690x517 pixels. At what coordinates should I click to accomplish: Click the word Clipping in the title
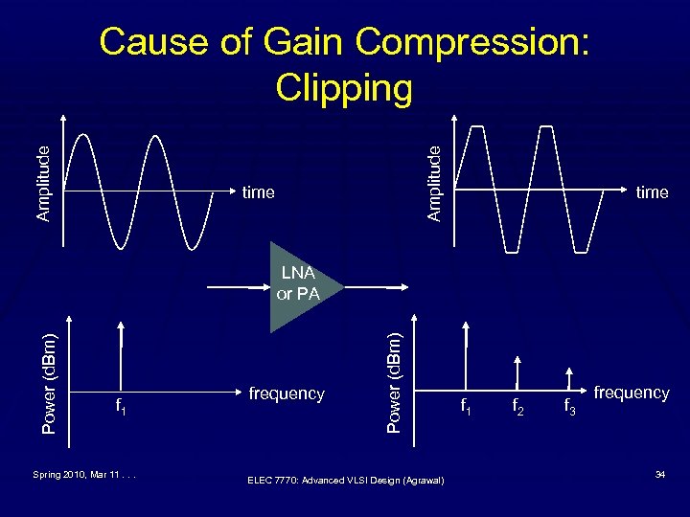pyautogui.click(x=344, y=88)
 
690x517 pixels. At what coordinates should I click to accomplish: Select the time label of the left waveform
pyautogui.click(x=259, y=192)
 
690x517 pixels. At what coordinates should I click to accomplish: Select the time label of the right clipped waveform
pyautogui.click(x=652, y=192)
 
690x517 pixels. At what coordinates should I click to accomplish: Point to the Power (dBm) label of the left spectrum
pyautogui.click(x=52, y=380)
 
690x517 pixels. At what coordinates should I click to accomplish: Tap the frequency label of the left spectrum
pyautogui.click(x=287, y=393)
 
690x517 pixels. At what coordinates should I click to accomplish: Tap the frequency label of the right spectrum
pyautogui.click(x=632, y=393)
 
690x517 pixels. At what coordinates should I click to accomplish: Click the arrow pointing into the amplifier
pyautogui.click(x=240, y=286)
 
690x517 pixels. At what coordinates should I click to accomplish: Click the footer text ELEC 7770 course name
pyautogui.click(x=345, y=480)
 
